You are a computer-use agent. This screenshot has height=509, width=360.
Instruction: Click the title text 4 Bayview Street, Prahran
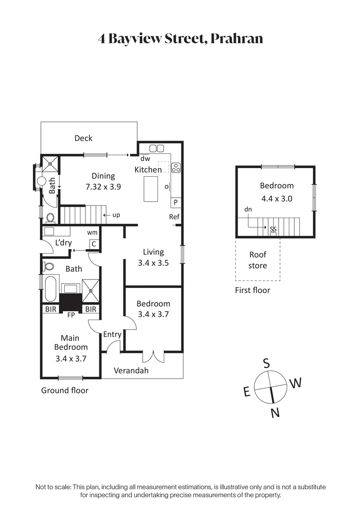pyautogui.click(x=180, y=39)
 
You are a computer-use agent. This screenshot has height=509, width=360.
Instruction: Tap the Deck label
pyautogui.click(x=83, y=138)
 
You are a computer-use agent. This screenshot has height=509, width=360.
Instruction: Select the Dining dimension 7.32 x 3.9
pyautogui.click(x=103, y=187)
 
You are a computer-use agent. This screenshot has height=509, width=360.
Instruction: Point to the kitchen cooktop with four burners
pyautogui.click(x=176, y=167)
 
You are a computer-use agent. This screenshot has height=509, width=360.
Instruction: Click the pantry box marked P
pyautogui.click(x=175, y=203)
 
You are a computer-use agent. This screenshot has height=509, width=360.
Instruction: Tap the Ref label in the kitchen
pyautogui.click(x=174, y=217)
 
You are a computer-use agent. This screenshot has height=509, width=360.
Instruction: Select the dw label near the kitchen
pyautogui.click(x=145, y=159)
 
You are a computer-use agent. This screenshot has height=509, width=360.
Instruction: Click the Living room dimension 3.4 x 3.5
pyautogui.click(x=153, y=263)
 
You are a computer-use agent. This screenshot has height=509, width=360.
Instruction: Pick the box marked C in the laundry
pyautogui.click(x=94, y=244)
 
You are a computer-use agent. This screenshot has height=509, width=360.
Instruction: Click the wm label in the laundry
pyautogui.click(x=92, y=232)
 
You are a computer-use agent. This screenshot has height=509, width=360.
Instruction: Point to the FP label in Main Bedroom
pyautogui.click(x=71, y=315)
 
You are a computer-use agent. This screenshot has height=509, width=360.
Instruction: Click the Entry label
pyautogui.click(x=112, y=334)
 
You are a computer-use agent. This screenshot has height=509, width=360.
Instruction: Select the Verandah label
pyautogui.click(x=131, y=371)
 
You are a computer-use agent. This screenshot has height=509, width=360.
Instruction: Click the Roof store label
pyautogui.click(x=258, y=260)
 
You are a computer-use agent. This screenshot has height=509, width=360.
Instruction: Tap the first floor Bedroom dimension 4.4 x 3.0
pyautogui.click(x=276, y=198)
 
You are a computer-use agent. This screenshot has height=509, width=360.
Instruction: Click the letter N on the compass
pyautogui.click(x=276, y=413)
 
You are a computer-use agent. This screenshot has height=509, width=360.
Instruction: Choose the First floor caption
pyautogui.click(x=252, y=290)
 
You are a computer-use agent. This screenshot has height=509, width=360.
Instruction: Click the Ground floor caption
pyautogui.click(x=65, y=390)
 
